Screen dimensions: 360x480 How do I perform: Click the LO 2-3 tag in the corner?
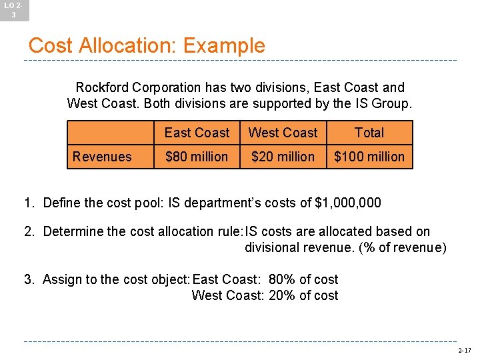pos(14,9)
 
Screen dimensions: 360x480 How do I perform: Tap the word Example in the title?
pos(223,45)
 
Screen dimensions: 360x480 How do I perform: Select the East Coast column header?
pos(197,133)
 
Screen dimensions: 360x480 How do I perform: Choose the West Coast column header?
pos(283,133)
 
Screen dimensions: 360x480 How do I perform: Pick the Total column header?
pos(369,133)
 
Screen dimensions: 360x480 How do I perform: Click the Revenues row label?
pos(102,157)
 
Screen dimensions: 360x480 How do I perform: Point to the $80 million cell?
pos(197,157)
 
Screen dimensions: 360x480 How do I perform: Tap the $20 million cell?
pos(283,157)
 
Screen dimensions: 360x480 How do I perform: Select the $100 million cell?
pos(369,157)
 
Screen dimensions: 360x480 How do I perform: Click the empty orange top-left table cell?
pos(110,133)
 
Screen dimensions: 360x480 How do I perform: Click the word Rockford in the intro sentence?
pos(102,87)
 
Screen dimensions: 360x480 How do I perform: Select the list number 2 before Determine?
pos(29,232)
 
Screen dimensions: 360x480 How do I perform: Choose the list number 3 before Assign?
pos(29,279)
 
